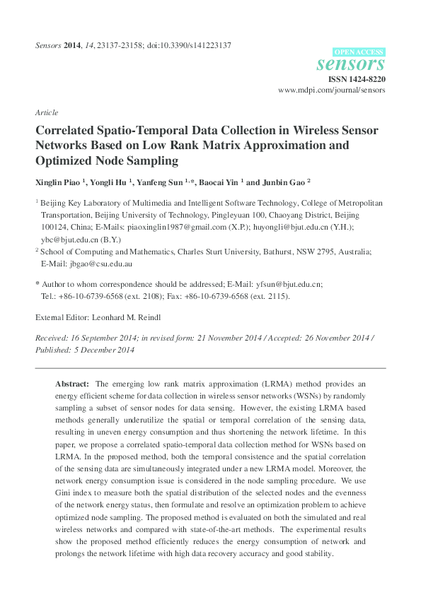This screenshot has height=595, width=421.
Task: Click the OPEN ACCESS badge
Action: coord(359,52)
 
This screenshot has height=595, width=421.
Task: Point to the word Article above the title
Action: coord(46,112)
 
